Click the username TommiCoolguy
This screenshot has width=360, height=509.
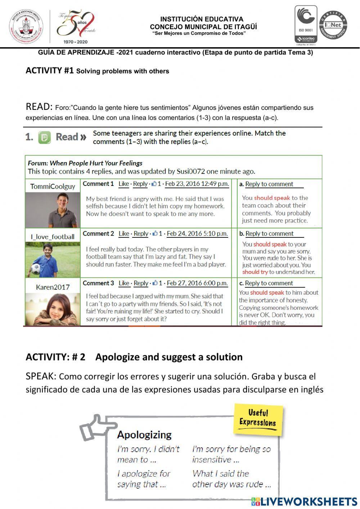point(53,186)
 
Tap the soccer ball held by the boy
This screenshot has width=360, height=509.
point(35,269)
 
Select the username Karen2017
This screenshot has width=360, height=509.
point(53,287)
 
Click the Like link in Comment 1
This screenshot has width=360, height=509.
point(123,184)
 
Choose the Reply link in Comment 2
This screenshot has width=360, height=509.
point(141,233)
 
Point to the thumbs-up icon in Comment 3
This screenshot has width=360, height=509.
point(154,283)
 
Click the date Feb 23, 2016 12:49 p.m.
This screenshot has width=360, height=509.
point(197,184)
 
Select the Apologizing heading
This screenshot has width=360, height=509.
point(144,435)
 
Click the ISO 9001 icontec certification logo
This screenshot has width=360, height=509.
point(306,24)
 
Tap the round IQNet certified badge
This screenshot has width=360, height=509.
point(333,25)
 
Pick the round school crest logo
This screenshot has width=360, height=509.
point(26,27)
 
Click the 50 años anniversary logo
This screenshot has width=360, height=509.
point(77,26)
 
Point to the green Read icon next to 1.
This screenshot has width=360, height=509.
point(45,137)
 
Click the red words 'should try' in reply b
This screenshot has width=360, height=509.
point(255,272)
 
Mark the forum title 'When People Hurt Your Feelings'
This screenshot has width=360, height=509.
point(96,163)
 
